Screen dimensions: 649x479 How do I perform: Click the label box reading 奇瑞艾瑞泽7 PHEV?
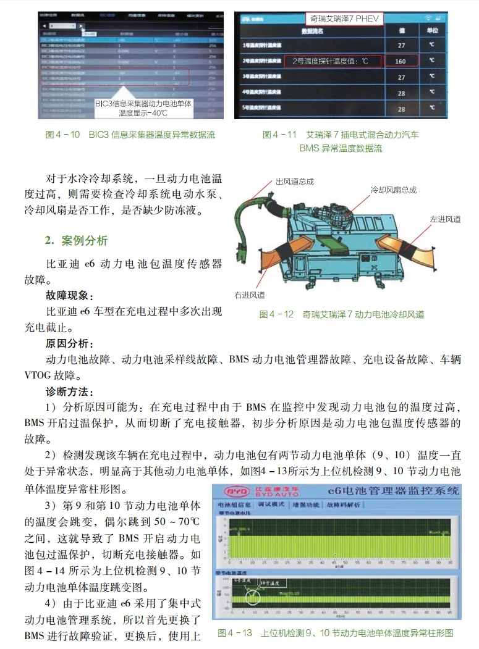[x=344, y=19]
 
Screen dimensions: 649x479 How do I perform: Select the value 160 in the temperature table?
[x=401, y=61]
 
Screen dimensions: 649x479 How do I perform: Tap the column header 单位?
[x=432, y=30]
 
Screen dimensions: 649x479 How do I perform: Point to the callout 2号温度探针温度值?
[x=331, y=61]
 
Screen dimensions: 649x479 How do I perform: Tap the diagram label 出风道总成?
[x=294, y=181]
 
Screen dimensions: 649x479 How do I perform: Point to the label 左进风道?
[x=445, y=219]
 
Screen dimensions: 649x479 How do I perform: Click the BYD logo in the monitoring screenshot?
[x=235, y=492]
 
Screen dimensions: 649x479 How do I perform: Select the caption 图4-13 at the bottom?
[x=336, y=633]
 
